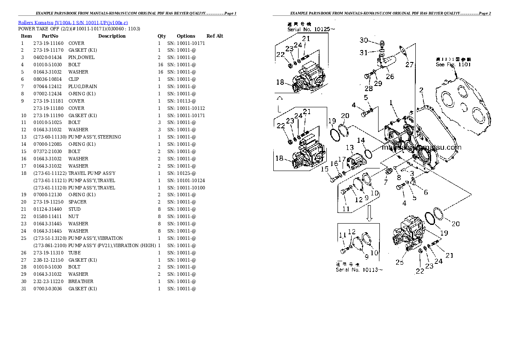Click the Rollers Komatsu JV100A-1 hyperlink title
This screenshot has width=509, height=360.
point(73,22)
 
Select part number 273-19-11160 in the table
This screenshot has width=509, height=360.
point(48,43)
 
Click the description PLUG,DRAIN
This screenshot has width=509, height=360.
point(83,86)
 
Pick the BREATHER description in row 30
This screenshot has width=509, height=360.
point(81,281)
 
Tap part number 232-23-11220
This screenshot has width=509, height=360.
point(48,281)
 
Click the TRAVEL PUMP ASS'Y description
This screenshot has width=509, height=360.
point(92,173)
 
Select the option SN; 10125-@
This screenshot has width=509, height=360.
point(182,173)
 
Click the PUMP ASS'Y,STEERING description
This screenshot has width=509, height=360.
point(95,137)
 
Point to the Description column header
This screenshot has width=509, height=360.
point(112,36)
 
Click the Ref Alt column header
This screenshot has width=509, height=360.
point(215,36)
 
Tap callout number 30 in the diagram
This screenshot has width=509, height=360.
point(363,40)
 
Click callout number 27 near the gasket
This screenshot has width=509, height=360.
point(409,65)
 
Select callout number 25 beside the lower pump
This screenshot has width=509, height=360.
point(399,262)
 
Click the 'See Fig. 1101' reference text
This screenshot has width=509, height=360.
point(453,65)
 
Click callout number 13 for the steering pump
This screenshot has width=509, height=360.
point(349,148)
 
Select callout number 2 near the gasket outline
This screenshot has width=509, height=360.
point(421,90)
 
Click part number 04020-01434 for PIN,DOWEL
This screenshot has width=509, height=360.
point(48,57)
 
